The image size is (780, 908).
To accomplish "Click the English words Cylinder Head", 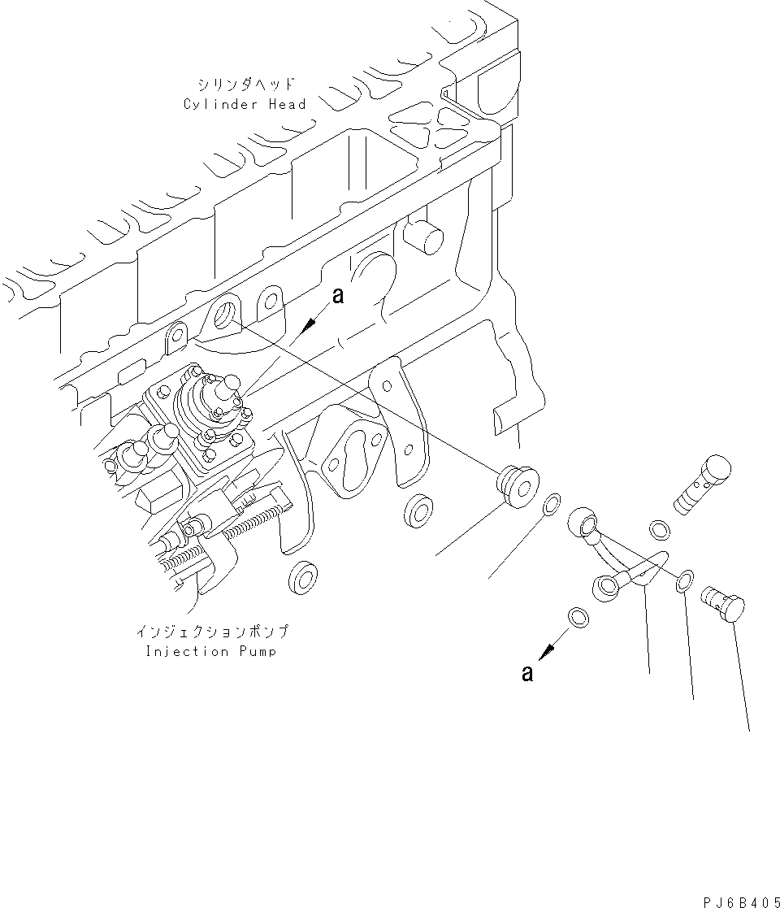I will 245,104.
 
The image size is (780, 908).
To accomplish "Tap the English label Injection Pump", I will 210,652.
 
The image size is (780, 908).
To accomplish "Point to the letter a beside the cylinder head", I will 338,297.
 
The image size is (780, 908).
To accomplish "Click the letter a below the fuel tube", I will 527,674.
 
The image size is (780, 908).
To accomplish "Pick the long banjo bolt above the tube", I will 704,484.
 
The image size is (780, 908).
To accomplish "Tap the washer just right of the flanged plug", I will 551,506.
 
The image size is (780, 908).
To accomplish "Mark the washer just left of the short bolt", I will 685,578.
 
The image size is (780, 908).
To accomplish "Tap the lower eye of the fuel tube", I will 608,587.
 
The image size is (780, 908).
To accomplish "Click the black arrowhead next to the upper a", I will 308,327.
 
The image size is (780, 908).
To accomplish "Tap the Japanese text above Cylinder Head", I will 244,85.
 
